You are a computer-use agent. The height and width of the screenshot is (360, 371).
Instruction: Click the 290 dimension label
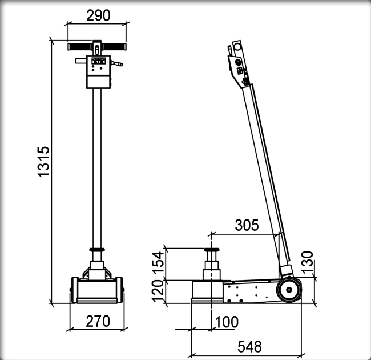click(98, 15)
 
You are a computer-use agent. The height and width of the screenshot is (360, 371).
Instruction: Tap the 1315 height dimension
click(43, 162)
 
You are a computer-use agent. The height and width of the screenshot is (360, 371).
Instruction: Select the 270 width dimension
click(98, 321)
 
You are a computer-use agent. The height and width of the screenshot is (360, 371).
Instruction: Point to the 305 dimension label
click(247, 225)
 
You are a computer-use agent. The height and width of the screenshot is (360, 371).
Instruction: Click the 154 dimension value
click(158, 263)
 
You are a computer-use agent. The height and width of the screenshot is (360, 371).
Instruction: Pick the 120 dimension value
click(158, 291)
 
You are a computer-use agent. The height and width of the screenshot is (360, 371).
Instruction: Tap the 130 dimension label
click(307, 262)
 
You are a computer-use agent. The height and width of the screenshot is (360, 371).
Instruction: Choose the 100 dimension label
click(227, 322)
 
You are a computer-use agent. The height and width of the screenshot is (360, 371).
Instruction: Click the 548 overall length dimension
click(249, 347)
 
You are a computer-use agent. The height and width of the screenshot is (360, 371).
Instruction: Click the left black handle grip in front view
click(79, 47)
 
